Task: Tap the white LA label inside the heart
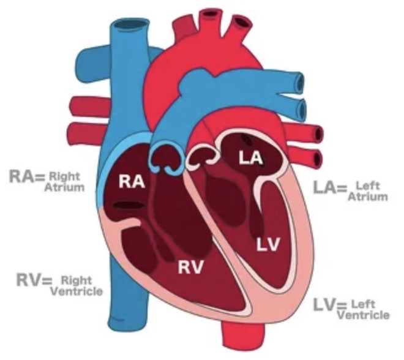click(251, 159)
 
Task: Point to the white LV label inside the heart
click(268, 245)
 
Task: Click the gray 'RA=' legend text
click(26, 178)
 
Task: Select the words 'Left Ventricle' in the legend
click(368, 310)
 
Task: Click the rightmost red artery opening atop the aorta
click(243, 21)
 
